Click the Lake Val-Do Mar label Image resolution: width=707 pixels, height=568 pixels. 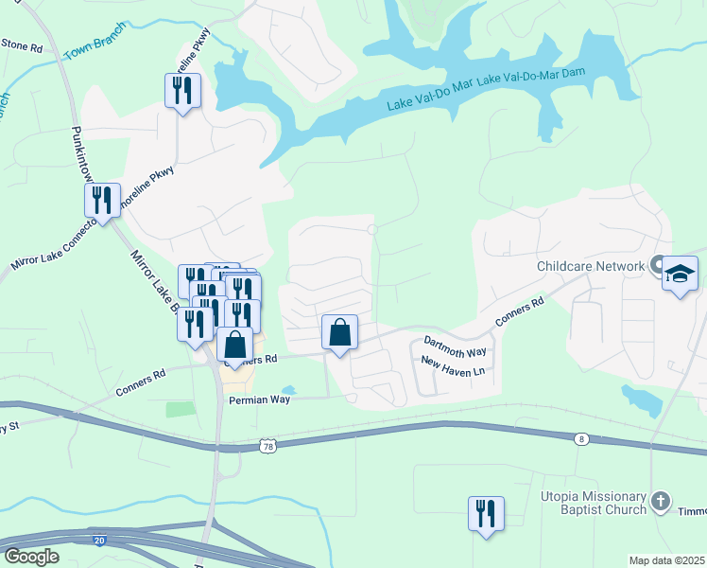point(428,96)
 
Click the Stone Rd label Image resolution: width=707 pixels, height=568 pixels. point(21,44)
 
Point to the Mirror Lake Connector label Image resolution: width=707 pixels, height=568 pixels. point(53,245)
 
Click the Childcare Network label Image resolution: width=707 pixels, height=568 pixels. point(590,267)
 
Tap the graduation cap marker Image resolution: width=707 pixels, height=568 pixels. point(680,275)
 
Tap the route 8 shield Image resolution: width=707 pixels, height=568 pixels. point(580,437)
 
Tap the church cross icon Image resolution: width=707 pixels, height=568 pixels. point(662,501)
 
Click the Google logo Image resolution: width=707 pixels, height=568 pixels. point(30,556)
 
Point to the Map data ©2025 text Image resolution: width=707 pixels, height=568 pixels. point(666,560)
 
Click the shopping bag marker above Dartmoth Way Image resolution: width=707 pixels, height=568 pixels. point(340,332)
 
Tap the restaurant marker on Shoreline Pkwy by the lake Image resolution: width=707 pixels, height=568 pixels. point(181,91)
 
